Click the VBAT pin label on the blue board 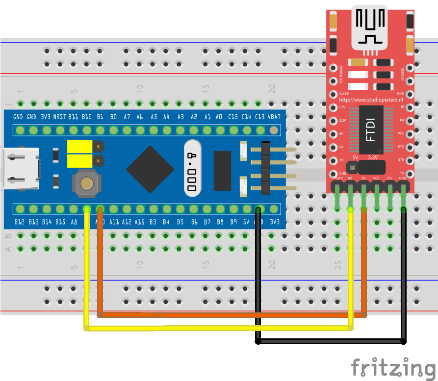(275, 117)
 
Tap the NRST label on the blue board (60, 117)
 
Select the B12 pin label (19, 222)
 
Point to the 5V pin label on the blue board (247, 222)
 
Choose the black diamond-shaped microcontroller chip (150, 169)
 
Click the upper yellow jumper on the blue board (80, 146)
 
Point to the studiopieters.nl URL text (371, 100)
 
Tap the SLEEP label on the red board (344, 93)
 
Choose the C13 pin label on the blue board (260, 117)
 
